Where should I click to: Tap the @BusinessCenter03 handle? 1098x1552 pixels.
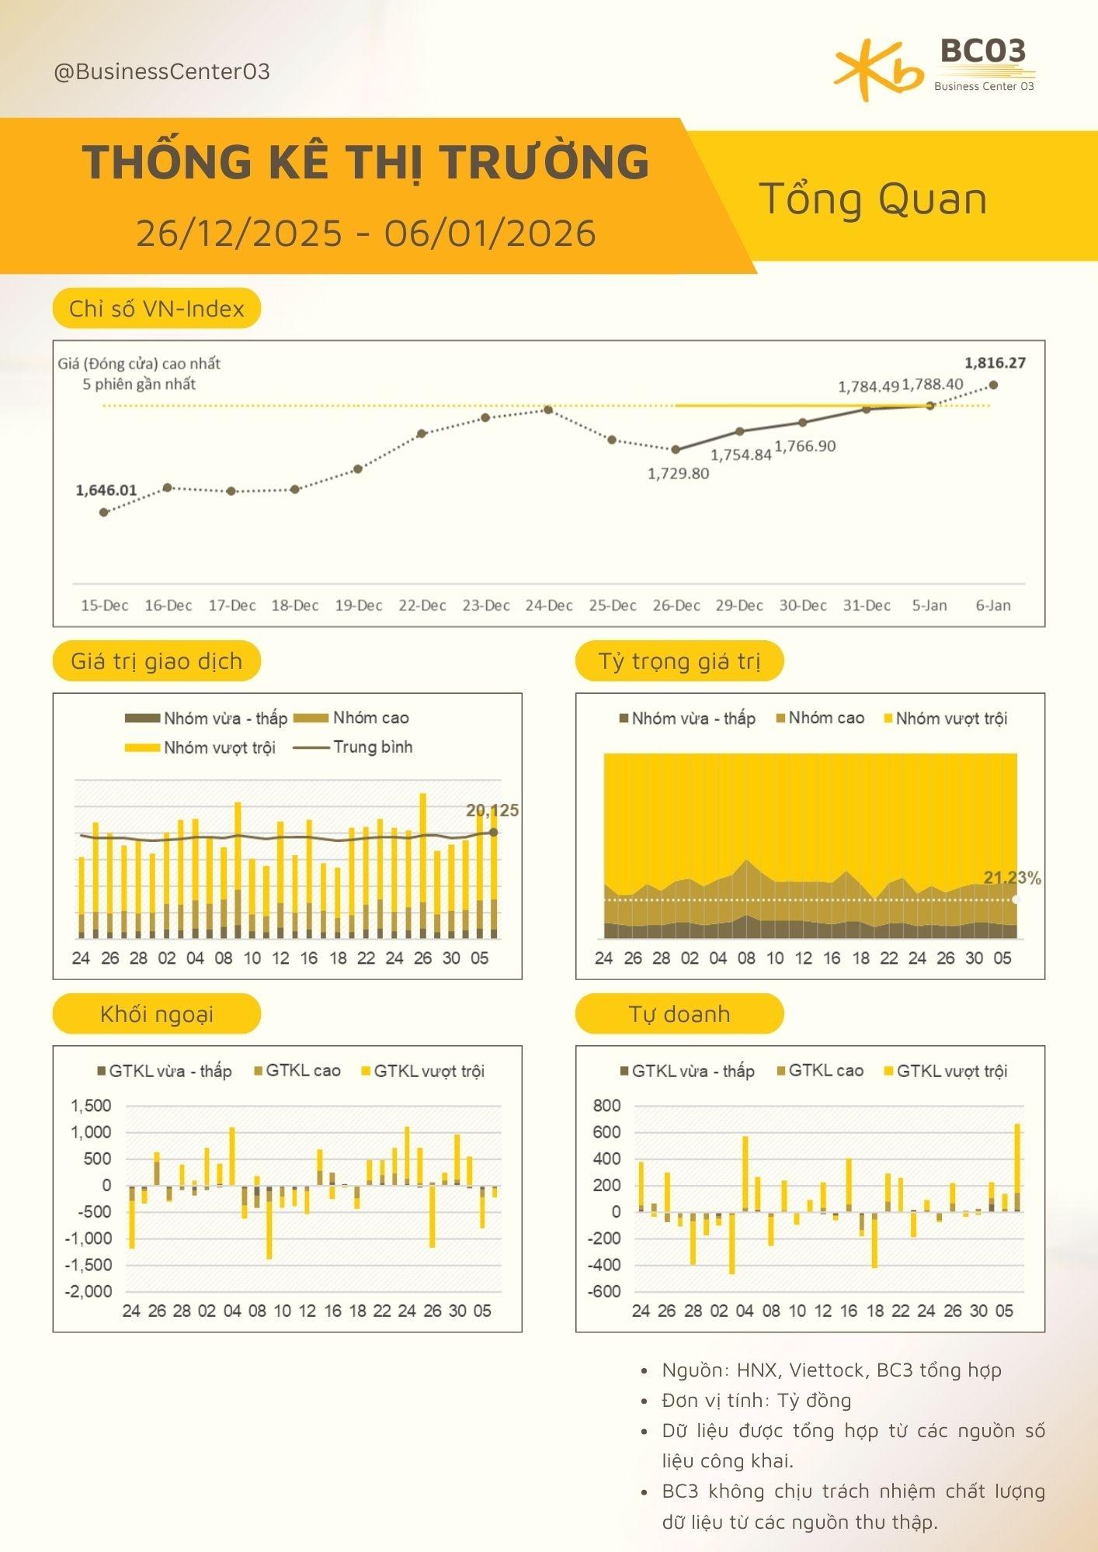(162, 71)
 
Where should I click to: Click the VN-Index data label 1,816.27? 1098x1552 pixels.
(995, 363)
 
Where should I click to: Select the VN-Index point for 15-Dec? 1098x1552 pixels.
(104, 512)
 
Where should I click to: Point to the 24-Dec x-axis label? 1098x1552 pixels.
(549, 605)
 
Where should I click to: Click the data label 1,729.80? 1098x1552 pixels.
(678, 473)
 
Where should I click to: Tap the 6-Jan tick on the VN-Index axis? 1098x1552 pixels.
(993, 605)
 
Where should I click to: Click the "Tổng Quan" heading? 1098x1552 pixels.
(873, 199)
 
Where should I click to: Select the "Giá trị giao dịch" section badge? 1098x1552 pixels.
(157, 661)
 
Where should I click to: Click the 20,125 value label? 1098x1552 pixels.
(492, 811)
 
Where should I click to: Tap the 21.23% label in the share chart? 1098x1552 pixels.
(1012, 878)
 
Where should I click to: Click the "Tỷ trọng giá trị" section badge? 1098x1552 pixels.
(679, 661)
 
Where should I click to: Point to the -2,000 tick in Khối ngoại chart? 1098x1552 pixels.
(92, 1291)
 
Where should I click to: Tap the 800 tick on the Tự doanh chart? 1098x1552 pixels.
(606, 1106)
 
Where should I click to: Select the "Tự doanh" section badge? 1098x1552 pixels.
(679, 1013)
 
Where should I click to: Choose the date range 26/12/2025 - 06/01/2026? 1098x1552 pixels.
(366, 233)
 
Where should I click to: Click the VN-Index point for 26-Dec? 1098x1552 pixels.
(676, 449)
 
